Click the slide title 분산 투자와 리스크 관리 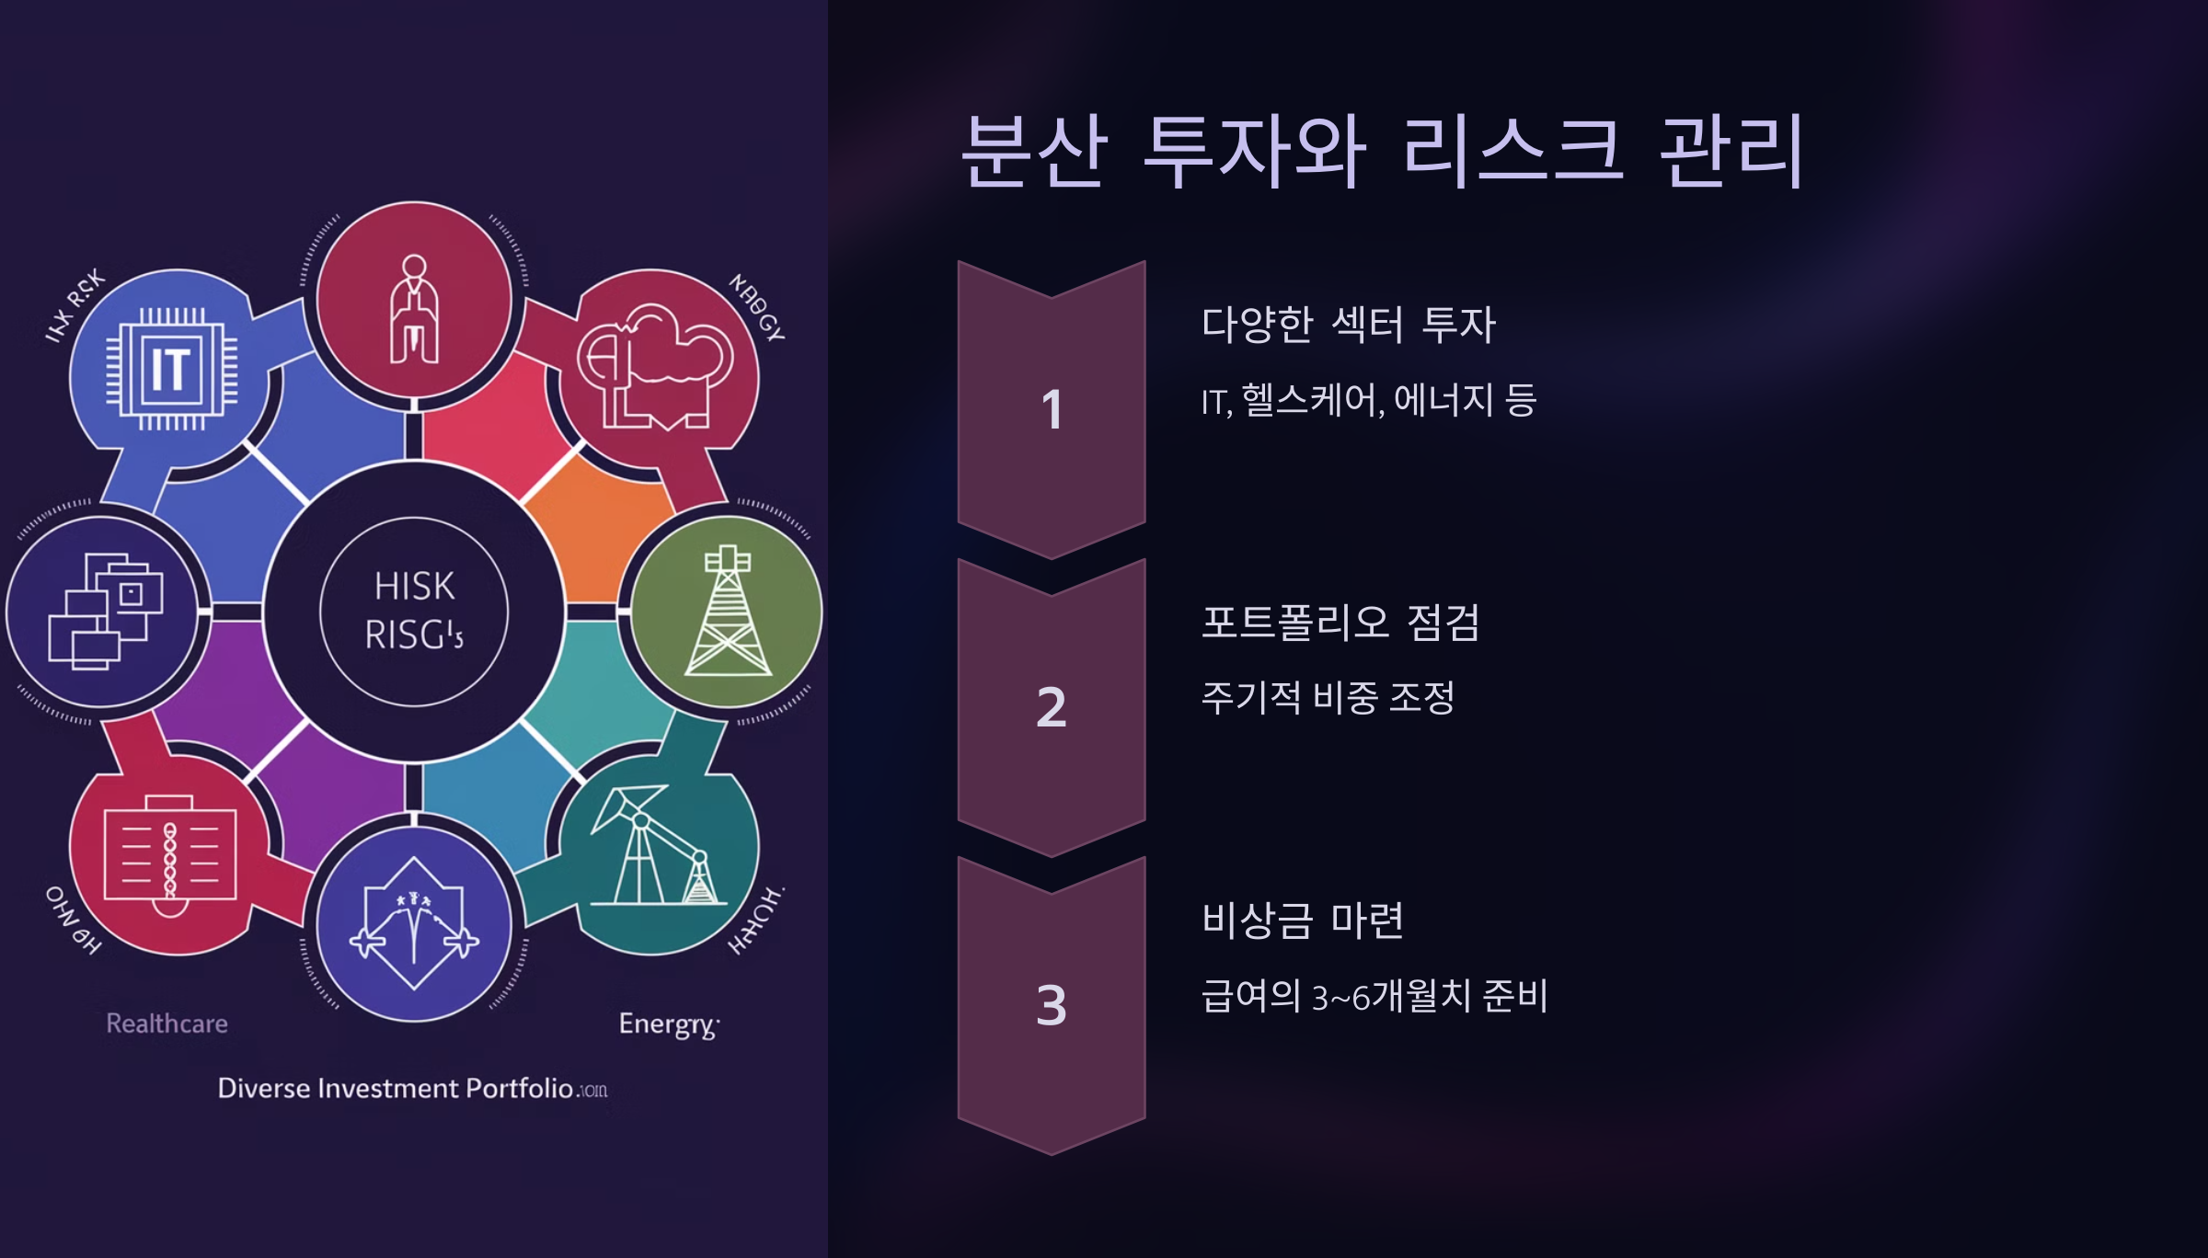point(1382,151)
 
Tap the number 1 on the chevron point(1052,409)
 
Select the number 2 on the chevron point(1052,707)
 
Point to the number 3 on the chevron point(1052,1005)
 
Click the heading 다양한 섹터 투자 point(1349,325)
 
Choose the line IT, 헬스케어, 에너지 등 point(1369,401)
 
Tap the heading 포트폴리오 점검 point(1340,623)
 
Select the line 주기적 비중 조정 point(1328,698)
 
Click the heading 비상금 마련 point(1303,921)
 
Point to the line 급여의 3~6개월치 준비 point(1374,996)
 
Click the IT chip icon point(171,370)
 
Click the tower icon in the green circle point(728,611)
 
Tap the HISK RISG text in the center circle point(414,611)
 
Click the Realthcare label point(167,1024)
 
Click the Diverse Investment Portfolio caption point(411,1089)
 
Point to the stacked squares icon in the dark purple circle point(105,611)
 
